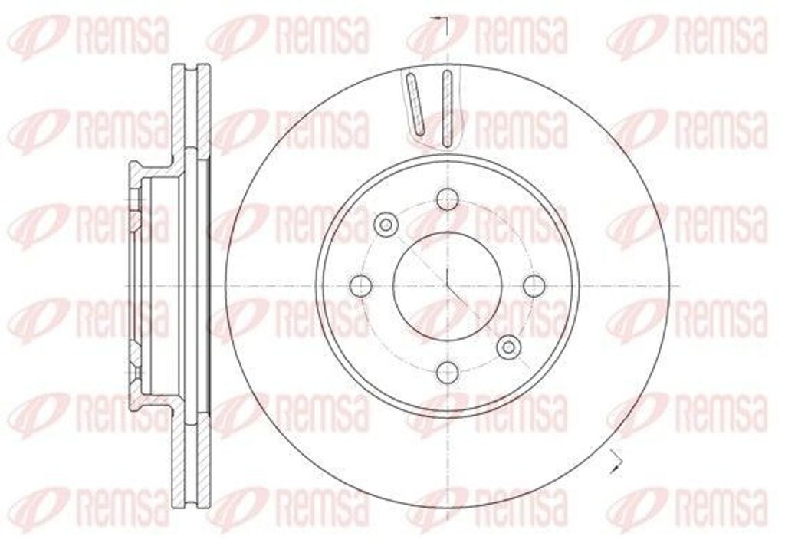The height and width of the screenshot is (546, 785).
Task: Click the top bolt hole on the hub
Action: point(447,199)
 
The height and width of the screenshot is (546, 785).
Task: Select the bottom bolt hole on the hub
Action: point(447,373)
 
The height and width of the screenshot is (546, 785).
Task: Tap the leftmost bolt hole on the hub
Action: point(360,286)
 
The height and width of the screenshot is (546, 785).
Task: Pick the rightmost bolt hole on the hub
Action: point(534,286)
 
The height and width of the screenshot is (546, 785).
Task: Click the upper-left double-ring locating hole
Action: point(386,225)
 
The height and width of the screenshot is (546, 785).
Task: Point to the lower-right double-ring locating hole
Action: point(507,347)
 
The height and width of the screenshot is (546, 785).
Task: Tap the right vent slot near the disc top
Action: point(448,107)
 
